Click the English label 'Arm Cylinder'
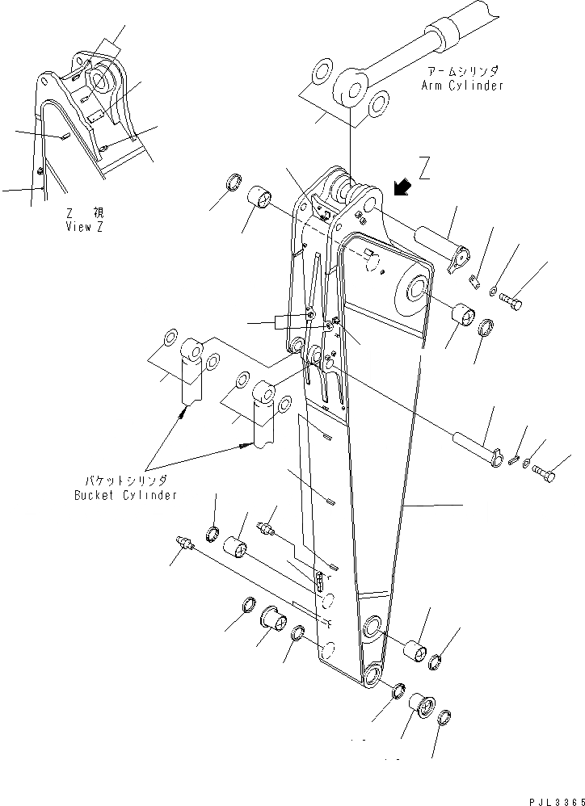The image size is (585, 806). [461, 85]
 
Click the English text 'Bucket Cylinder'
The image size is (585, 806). [123, 494]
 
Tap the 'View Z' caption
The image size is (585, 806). [84, 227]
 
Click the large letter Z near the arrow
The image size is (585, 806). [426, 169]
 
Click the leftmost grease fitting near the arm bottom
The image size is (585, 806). [183, 546]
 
